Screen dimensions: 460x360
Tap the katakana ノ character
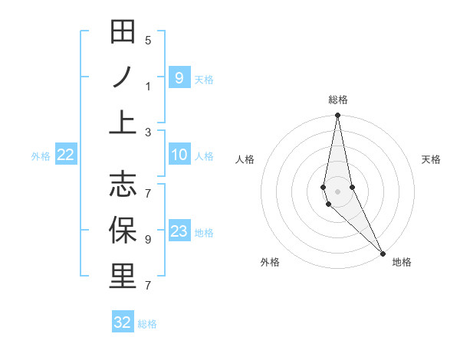123,77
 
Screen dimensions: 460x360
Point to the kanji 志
123,184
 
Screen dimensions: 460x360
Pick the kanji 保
123,230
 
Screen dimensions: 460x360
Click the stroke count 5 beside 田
148,41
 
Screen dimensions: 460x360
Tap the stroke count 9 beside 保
148,240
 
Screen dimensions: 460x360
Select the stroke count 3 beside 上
148,132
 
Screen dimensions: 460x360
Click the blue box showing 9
179,77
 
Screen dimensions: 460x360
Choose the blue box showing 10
179,155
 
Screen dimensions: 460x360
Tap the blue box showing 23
179,231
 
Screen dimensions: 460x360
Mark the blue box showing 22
66,155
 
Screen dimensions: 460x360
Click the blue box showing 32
123,322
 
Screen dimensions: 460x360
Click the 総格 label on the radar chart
337,100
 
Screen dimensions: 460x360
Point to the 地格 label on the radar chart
402,262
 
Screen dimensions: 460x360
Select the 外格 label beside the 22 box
41,156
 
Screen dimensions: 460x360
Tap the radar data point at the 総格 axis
337,116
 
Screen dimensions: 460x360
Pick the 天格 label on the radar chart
431,159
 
